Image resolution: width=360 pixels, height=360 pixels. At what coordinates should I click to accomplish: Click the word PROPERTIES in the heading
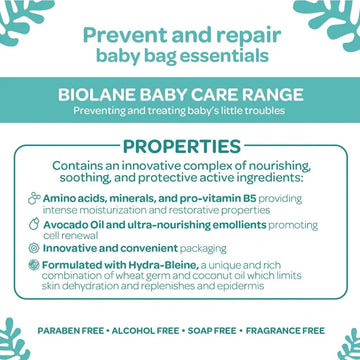click(x=180, y=147)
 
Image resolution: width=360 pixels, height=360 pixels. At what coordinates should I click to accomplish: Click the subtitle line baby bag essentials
click(x=180, y=57)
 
